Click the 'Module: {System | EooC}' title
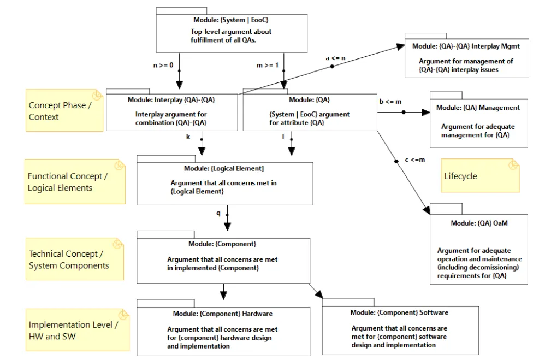[230, 20]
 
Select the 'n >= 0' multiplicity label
[163, 65]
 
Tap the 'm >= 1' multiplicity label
[268, 65]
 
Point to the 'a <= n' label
[335, 58]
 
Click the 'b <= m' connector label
[390, 102]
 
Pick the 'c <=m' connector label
[415, 160]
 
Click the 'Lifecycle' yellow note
[480, 175]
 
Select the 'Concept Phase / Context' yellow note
[64, 110]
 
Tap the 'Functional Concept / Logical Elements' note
[75, 181]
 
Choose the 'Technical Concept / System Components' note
[75, 259]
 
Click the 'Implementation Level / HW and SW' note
[78, 330]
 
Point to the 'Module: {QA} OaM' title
[479, 223]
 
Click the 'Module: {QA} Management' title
[478, 108]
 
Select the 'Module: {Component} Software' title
[399, 312]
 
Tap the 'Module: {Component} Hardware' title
[222, 314]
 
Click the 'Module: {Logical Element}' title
[224, 168]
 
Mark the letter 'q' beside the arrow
[218, 213]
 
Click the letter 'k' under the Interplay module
[188, 137]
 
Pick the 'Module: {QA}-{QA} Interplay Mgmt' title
[466, 46]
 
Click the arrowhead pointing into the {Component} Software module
[319, 294]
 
